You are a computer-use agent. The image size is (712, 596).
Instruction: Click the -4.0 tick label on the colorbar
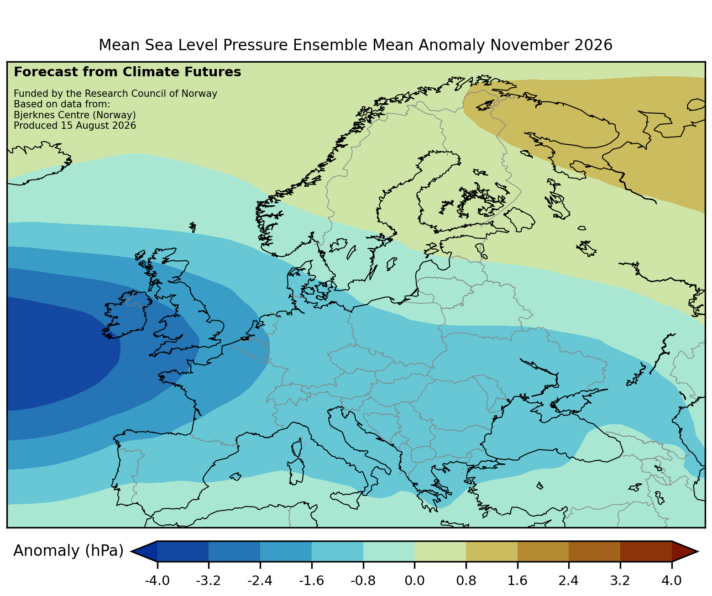click(157, 580)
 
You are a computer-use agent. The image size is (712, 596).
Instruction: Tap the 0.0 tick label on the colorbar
click(414, 580)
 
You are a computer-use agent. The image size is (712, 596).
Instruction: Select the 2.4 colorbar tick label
click(568, 580)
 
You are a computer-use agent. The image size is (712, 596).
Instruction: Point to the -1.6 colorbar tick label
click(311, 580)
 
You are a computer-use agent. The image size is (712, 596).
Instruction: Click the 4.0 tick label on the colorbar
click(671, 580)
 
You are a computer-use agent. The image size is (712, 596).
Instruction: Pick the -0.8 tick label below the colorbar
click(363, 580)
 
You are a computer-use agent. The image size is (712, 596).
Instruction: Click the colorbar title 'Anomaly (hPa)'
click(68, 551)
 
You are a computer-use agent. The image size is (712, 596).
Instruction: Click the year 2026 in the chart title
click(593, 45)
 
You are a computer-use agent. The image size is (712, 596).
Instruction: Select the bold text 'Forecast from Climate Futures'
click(127, 72)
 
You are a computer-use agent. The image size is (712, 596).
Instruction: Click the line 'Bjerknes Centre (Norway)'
click(75, 115)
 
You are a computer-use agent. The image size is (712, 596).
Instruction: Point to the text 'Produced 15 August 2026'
click(75, 126)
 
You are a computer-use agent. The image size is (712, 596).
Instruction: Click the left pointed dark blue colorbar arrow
click(144, 551)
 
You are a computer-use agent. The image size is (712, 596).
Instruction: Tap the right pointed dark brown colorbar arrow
click(685, 551)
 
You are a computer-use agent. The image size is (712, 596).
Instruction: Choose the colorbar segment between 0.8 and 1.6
click(492, 551)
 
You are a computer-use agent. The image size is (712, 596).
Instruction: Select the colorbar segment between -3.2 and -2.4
click(234, 551)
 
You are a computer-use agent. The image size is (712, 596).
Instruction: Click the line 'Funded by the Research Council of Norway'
click(115, 94)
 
